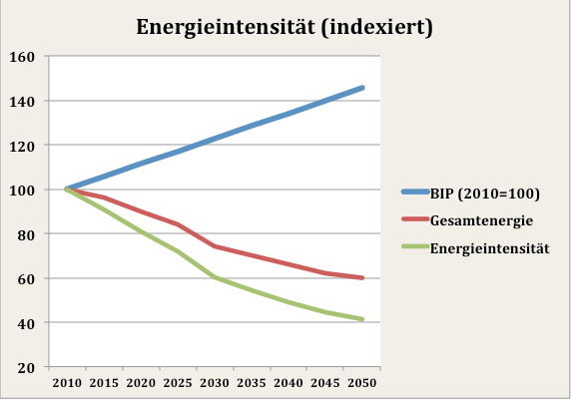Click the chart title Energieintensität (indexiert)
tap(285, 27)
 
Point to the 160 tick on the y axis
tap(22, 57)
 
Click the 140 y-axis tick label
tap(22, 101)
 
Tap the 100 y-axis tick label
tap(22, 190)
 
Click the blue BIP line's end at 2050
tap(362, 88)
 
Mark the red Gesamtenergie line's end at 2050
tap(362, 278)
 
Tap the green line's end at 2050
tap(362, 319)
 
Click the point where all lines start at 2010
tap(67, 190)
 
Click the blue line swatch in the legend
tap(415, 194)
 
